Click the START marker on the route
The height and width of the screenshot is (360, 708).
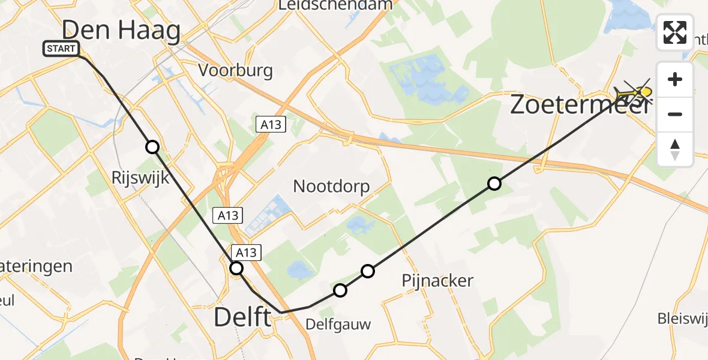pyautogui.click(x=61, y=49)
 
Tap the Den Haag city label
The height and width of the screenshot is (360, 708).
pyautogui.click(x=121, y=30)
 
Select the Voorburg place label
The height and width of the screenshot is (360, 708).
pyautogui.click(x=236, y=70)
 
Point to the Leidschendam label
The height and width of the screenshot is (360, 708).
pyautogui.click(x=335, y=5)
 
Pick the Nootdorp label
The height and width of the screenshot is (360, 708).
pyautogui.click(x=331, y=186)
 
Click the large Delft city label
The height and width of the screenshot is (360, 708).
pyautogui.click(x=242, y=317)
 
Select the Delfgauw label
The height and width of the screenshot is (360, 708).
pyautogui.click(x=338, y=325)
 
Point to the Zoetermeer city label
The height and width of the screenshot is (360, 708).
pyautogui.click(x=579, y=105)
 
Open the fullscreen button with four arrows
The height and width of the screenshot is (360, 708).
pyautogui.click(x=675, y=32)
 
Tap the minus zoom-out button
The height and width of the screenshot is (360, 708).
pyautogui.click(x=675, y=114)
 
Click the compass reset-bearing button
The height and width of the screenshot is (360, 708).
pyautogui.click(x=675, y=149)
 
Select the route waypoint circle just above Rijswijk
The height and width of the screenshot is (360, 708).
pyautogui.click(x=152, y=147)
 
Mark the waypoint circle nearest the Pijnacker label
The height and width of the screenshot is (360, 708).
pyautogui.click(x=368, y=271)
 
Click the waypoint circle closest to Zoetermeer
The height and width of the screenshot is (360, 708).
pyautogui.click(x=494, y=184)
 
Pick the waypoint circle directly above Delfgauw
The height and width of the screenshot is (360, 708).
pyautogui.click(x=340, y=290)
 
